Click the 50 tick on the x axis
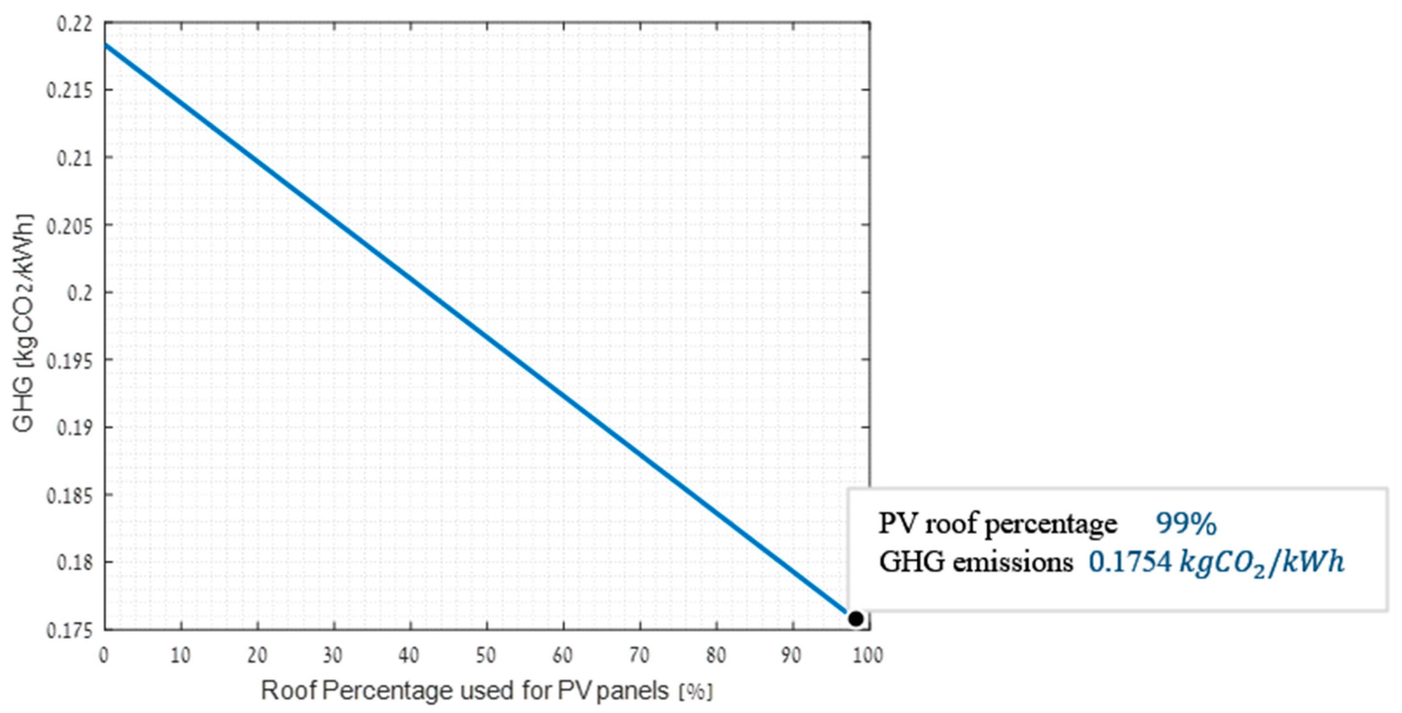(x=486, y=655)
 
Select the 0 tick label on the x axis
(x=104, y=655)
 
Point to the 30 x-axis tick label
(x=332, y=655)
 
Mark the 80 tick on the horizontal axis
(x=715, y=655)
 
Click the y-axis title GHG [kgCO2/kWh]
(x=24, y=323)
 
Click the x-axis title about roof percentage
(x=465, y=691)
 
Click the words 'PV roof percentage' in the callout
(x=997, y=524)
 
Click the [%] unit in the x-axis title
(x=695, y=692)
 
